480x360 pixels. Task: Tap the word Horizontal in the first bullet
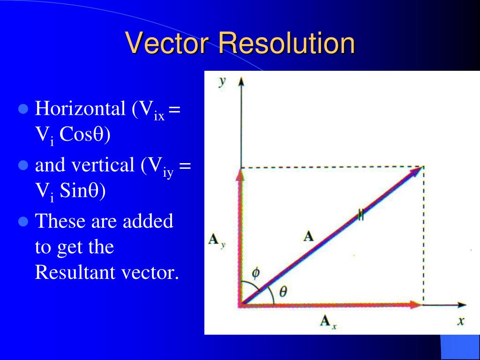[x=80, y=108]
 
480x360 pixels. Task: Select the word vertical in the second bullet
[x=103, y=165]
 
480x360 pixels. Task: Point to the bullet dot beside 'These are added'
[x=23, y=221]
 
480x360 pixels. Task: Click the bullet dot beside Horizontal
[x=23, y=109]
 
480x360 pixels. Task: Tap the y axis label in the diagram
[x=222, y=82]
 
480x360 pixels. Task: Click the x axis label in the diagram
[x=461, y=321]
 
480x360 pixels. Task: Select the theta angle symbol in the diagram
[x=283, y=291]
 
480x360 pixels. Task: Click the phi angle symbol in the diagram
[x=255, y=272]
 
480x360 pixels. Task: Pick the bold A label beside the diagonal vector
[x=308, y=236]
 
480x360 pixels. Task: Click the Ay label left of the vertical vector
[x=217, y=240]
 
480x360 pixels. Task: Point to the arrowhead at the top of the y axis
[x=241, y=82]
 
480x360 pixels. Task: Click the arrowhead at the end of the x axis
[x=462, y=305]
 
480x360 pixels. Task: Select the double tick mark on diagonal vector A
[x=361, y=215]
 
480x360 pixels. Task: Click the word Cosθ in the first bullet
[x=85, y=134]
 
